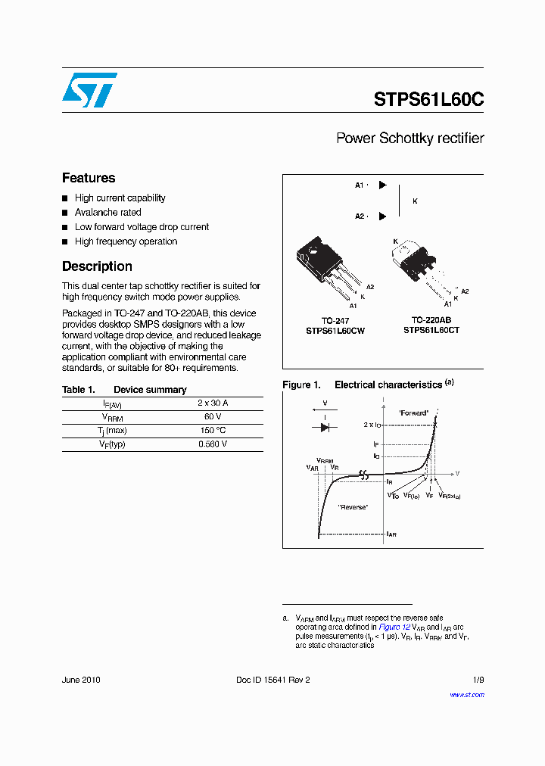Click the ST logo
[89, 90]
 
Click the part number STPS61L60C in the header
[428, 99]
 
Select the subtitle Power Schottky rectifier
[410, 139]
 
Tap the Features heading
[89, 178]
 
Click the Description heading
[97, 266]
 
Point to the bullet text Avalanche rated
[107, 213]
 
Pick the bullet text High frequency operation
[126, 241]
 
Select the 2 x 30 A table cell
[213, 403]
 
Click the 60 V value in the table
[213, 417]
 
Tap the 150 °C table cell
[213, 431]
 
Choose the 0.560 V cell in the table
[213, 444]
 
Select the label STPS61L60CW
[335, 331]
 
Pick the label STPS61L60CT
[431, 330]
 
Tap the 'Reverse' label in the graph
[353, 506]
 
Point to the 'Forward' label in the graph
[413, 413]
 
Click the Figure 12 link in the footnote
[394, 627]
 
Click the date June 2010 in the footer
[81, 680]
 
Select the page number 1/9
[478, 680]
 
